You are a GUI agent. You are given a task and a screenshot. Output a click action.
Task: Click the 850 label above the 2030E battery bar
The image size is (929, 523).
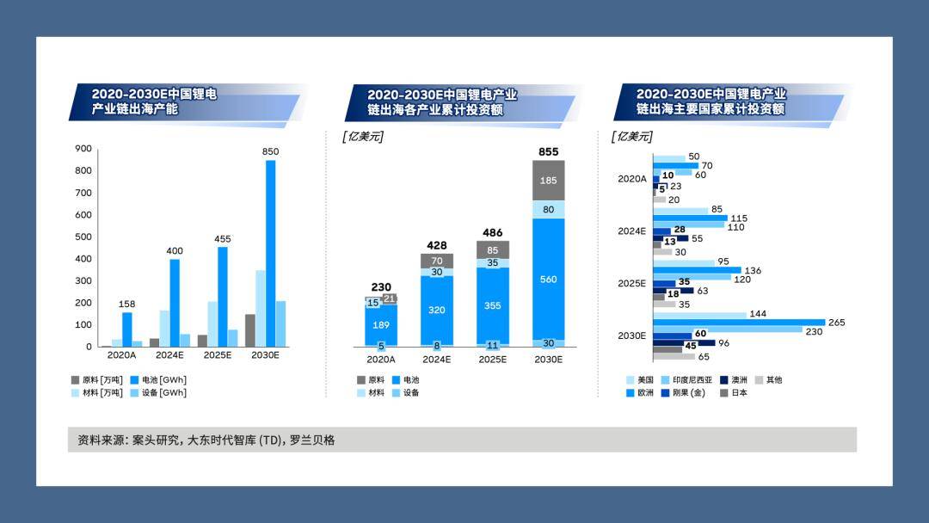pos(270,151)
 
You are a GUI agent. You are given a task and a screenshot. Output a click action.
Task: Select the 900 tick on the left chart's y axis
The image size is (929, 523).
pos(83,148)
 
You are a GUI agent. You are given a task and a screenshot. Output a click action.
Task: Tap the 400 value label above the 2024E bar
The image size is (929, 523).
pos(175,250)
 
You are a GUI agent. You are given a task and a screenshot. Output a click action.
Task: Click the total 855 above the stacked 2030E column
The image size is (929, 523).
pos(548,151)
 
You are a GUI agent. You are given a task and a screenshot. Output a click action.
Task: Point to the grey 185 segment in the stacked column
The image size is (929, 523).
pos(548,181)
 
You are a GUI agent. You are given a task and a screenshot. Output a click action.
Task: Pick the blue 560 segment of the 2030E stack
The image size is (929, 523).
pos(548,279)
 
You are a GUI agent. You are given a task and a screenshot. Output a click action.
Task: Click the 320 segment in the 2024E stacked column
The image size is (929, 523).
pos(436,310)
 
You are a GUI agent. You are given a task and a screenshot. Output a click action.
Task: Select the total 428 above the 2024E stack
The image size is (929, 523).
pos(436,244)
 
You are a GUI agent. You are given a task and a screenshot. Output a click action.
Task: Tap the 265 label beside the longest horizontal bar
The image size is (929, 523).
pos(837,323)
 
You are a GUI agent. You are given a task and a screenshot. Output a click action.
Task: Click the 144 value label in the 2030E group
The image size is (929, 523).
pos(758,314)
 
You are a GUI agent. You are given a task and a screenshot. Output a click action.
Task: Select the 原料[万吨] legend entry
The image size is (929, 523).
pos(95,379)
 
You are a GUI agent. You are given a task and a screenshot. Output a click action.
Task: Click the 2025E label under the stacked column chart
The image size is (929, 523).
pos(492,360)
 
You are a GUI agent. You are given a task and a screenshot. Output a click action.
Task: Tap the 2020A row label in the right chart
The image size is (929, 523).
pos(631,179)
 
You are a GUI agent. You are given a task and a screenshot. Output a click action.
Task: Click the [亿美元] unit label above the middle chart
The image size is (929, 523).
pos(362,136)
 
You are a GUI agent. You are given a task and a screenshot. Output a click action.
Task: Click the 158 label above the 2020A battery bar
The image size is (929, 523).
pos(127,304)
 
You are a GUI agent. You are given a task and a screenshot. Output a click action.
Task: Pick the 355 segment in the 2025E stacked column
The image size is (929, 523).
pos(492,305)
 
